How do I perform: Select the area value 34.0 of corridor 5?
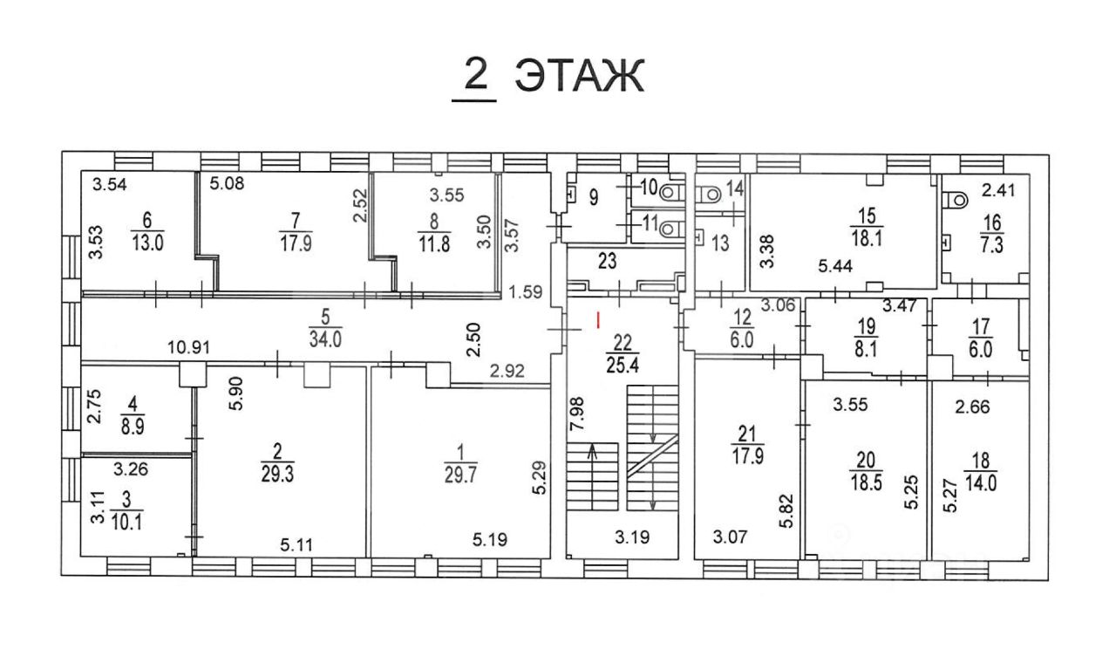tap(325, 339)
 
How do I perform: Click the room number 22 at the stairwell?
tap(623, 343)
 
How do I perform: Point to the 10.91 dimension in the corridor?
tap(188, 347)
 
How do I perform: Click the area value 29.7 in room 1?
tap(460, 475)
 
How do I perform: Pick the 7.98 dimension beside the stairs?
tap(578, 414)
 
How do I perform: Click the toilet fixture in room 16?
tap(956, 200)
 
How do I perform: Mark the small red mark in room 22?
tap(598, 320)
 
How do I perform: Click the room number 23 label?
tap(608, 261)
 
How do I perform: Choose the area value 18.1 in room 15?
tap(867, 238)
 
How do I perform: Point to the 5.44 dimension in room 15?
tap(835, 266)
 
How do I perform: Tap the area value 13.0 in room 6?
tap(147, 243)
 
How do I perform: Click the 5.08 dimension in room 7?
tap(227, 183)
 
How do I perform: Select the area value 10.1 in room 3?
tap(127, 522)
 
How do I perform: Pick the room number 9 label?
tap(594, 197)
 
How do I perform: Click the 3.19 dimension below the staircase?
tap(632, 537)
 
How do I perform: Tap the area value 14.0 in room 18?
tap(981, 482)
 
